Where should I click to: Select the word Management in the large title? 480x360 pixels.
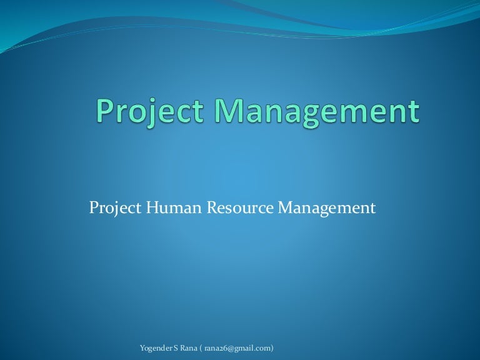[317, 112]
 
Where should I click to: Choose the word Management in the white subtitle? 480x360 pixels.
[327, 207]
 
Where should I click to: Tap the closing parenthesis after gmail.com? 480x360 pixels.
[272, 347]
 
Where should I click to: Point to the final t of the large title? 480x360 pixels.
[412, 113]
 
